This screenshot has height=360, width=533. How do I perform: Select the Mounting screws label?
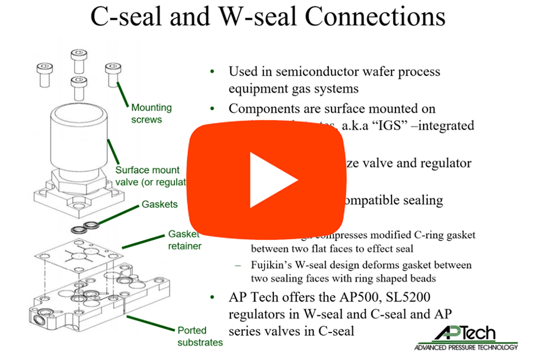coord(151,113)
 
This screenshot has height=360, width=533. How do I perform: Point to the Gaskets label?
coord(159,205)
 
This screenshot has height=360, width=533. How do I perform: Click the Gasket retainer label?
coord(184,240)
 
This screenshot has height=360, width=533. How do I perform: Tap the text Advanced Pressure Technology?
coord(466,348)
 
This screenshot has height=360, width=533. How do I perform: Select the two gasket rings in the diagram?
coord(86,227)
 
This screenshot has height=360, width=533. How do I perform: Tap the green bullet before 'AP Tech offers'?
coord(212,298)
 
